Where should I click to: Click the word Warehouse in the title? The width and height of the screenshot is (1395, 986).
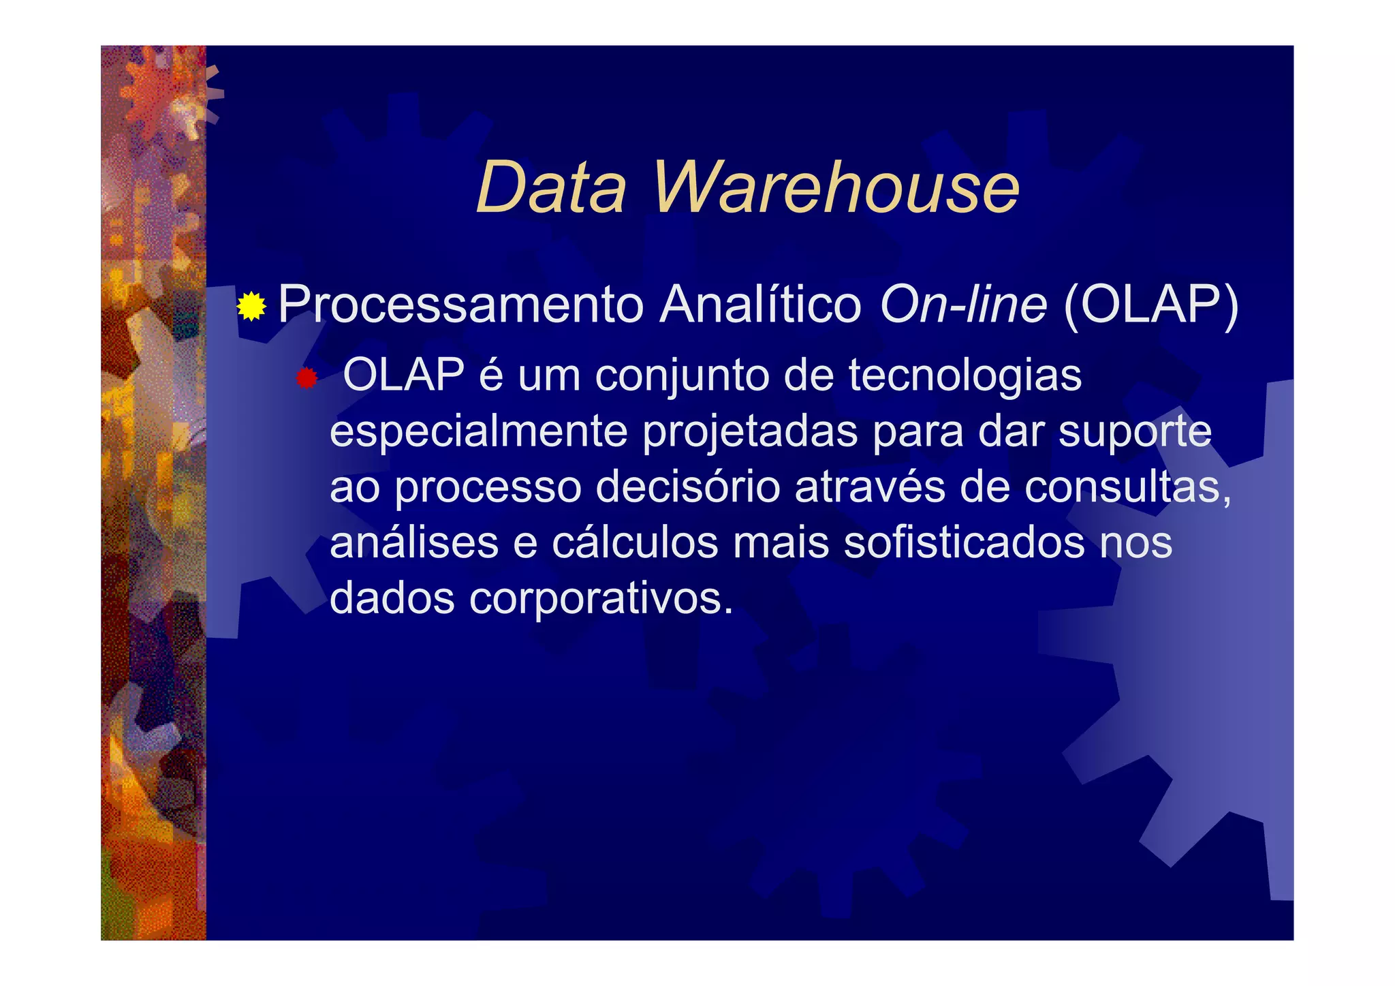coord(836,187)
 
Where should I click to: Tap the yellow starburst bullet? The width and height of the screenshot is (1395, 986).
coord(251,307)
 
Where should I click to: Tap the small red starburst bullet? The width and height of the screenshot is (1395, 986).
coord(307,378)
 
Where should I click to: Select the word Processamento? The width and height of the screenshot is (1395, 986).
coord(460,305)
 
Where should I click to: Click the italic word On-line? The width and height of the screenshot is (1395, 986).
coord(963,305)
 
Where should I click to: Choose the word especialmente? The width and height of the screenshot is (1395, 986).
coord(478,433)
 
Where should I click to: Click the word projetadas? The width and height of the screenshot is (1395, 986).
coord(750,433)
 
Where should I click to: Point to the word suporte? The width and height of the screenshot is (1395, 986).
coord(1135,431)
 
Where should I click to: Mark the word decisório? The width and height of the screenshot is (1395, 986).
coord(688,487)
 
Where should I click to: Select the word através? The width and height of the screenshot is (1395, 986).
coord(871,487)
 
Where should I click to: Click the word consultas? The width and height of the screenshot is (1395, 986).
coord(1128,487)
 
